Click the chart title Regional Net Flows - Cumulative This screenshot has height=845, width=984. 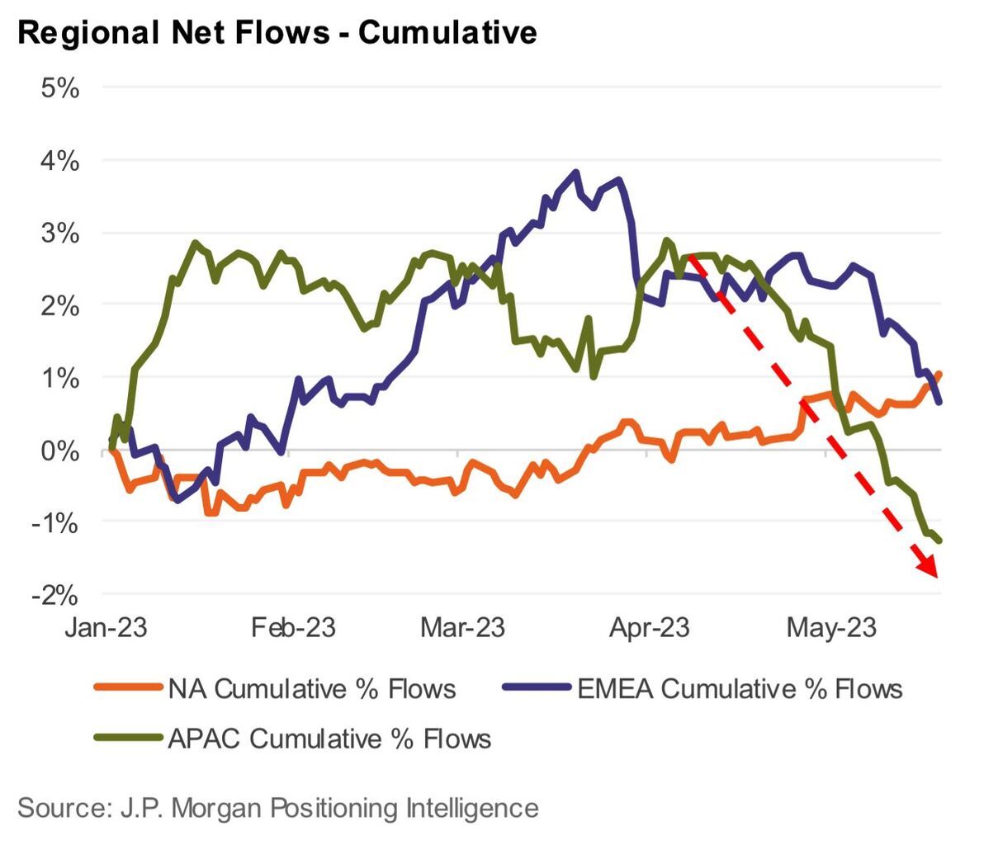(x=277, y=32)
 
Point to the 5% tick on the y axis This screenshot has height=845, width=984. (x=60, y=87)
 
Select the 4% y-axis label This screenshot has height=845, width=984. (x=60, y=160)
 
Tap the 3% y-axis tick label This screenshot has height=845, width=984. (x=60, y=233)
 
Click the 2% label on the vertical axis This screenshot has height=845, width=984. (x=60, y=305)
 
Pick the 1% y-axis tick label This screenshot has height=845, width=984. (x=60, y=378)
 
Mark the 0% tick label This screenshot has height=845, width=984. (x=60, y=451)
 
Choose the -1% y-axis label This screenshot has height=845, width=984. (x=55, y=522)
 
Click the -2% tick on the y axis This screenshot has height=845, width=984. (x=55, y=595)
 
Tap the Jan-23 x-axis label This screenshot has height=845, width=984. (x=106, y=627)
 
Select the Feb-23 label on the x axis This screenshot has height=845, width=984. (x=294, y=627)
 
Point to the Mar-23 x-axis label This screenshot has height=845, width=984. (x=462, y=627)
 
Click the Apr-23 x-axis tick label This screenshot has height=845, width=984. (x=650, y=627)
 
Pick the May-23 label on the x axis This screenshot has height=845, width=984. (x=831, y=627)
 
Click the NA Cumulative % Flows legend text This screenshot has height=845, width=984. (x=312, y=688)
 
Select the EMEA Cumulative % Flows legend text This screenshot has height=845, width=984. (x=740, y=688)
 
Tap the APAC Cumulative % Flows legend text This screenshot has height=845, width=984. (x=329, y=738)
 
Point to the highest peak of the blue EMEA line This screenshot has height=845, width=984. (x=576, y=172)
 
